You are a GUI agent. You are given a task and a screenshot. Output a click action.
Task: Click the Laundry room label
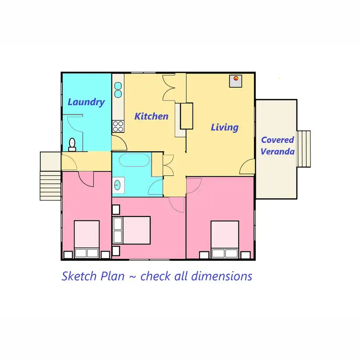click(86, 102)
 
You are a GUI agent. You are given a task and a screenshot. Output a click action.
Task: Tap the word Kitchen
click(151, 116)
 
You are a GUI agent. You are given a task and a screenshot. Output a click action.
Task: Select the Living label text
click(225, 127)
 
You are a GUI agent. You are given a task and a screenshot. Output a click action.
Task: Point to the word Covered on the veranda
click(277, 140)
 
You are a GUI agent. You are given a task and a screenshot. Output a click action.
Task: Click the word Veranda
click(278, 151)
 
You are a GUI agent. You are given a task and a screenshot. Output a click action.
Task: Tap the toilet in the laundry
click(72, 144)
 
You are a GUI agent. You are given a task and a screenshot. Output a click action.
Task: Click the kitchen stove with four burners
click(118, 127)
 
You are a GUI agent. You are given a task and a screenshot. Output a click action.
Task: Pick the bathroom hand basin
click(119, 184)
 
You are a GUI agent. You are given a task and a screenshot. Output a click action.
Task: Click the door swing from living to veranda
click(248, 168)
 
